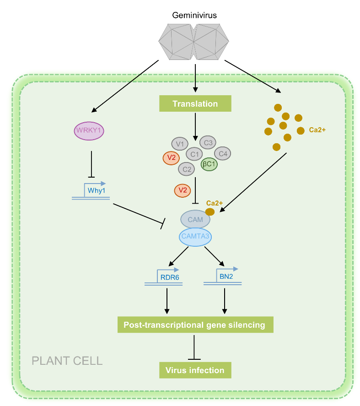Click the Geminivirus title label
click(x=194, y=15)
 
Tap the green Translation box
click(x=195, y=103)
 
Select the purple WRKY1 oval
click(x=89, y=131)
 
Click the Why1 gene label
click(x=96, y=190)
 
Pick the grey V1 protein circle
click(x=180, y=144)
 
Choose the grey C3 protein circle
click(x=208, y=142)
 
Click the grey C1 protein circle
click(x=194, y=154)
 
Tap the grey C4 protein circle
click(x=223, y=153)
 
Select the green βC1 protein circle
click(x=209, y=164)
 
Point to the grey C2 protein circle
click(x=186, y=169)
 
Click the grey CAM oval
click(x=195, y=219)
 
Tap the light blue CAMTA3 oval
click(x=195, y=237)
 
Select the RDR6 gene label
click(x=170, y=277)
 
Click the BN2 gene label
click(x=226, y=276)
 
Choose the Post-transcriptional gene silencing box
click(x=195, y=325)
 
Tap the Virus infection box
click(x=195, y=370)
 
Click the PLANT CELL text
click(x=67, y=361)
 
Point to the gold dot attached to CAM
click(x=210, y=212)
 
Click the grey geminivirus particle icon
click(x=193, y=42)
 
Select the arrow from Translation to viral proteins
click(x=195, y=127)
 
